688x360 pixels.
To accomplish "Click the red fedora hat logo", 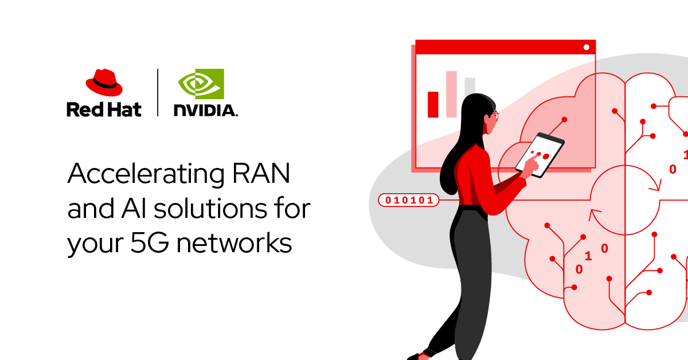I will pyautogui.click(x=104, y=83).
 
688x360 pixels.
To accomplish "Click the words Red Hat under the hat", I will pyautogui.click(x=104, y=109).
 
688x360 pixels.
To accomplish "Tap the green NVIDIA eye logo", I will pyautogui.click(x=201, y=84).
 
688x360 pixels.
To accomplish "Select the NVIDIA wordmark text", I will pyautogui.click(x=205, y=110).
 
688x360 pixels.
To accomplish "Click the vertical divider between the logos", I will pyautogui.click(x=158, y=92).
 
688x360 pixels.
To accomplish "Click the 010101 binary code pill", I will pyautogui.click(x=408, y=200).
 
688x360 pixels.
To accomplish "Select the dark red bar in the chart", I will pyautogui.click(x=433, y=104).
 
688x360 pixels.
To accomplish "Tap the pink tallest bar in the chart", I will pyautogui.click(x=451, y=94).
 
